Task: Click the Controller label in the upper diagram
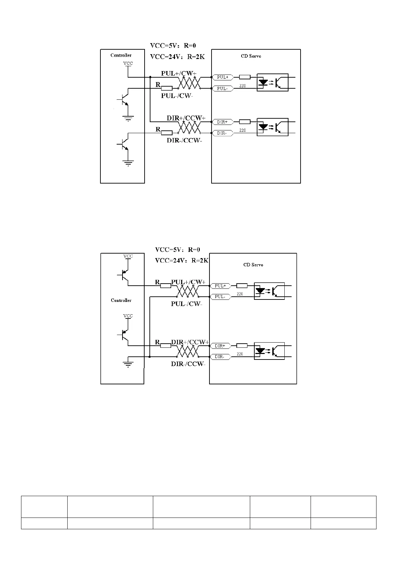click(x=121, y=55)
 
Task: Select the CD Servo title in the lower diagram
click(x=253, y=265)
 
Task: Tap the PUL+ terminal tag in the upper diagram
click(x=223, y=77)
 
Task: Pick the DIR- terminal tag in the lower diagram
click(x=220, y=356)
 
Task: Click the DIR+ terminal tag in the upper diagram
click(x=222, y=122)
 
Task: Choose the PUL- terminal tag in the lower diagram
click(x=220, y=297)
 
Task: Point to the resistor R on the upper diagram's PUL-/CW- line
click(x=167, y=88)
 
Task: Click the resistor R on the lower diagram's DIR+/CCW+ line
click(x=166, y=345)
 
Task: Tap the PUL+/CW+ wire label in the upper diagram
click(x=178, y=73)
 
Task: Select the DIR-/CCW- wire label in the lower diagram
click(x=188, y=364)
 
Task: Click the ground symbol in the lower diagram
click(x=128, y=364)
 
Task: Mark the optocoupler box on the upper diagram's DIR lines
click(x=272, y=127)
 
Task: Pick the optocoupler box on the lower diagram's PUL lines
click(x=269, y=291)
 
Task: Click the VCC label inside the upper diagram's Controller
click(x=128, y=63)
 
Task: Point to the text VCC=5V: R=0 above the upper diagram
click(x=173, y=46)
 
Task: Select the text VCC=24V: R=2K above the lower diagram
click(x=182, y=260)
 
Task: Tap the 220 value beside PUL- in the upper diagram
click(x=242, y=86)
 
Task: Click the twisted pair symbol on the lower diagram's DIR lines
click(x=188, y=351)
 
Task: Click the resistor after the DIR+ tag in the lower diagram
click(x=242, y=345)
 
